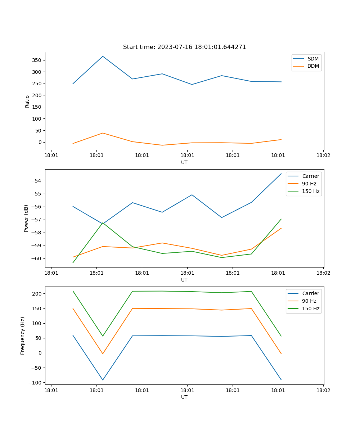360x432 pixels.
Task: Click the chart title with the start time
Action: [184, 47]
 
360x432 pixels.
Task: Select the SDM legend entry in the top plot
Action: [313, 59]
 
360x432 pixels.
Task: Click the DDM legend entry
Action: [313, 66]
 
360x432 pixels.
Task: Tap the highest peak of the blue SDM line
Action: [103, 56]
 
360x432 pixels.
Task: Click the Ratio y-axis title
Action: [27, 101]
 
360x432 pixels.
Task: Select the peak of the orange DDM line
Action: [103, 133]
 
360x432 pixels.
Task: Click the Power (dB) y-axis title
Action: [26, 218]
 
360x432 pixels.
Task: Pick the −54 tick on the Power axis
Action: [37, 181]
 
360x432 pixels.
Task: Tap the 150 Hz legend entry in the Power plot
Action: [311, 191]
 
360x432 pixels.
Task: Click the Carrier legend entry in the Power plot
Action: [310, 176]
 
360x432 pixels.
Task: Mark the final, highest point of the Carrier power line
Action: [281, 174]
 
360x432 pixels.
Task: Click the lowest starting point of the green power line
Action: [73, 262]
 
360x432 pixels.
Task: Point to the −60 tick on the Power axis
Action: [37, 258]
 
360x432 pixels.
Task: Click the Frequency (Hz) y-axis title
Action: [23, 336]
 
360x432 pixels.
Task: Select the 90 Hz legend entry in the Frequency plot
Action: [309, 301]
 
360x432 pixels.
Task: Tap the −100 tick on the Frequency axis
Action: [36, 382]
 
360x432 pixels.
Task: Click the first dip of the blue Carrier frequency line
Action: [103, 380]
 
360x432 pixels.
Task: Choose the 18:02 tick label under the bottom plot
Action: [323, 390]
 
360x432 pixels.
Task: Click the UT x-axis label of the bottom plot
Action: [184, 397]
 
